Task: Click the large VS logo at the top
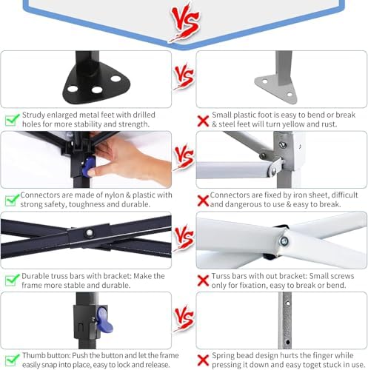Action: point(185,22)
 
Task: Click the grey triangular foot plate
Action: point(275,88)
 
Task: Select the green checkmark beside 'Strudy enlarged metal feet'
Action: point(12,120)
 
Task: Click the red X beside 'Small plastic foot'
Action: point(203,121)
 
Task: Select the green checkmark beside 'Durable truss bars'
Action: point(12,280)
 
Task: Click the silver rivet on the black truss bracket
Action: point(89,232)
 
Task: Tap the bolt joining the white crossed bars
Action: point(284,241)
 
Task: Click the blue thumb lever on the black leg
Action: point(104,319)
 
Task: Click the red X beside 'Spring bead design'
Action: point(203,361)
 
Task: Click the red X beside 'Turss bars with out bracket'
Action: point(203,281)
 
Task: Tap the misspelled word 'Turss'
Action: point(221,276)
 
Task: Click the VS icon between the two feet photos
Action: point(184,76)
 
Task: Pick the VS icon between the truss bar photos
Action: point(184,238)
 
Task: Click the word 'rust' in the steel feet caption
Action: point(329,124)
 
